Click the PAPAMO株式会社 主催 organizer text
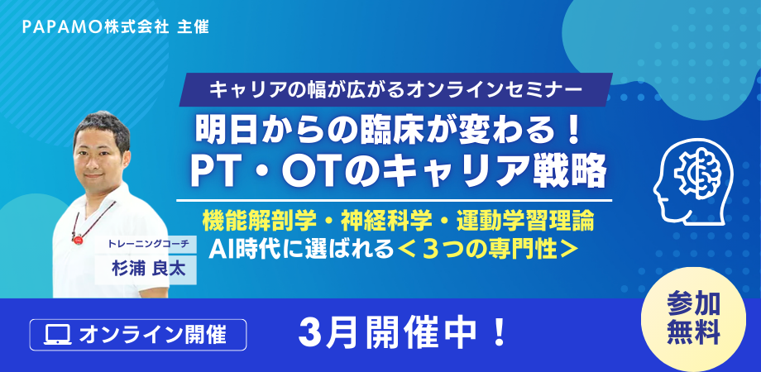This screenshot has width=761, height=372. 116,27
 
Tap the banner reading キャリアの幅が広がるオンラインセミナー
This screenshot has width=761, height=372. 395,90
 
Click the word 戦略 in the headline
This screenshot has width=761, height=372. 572,172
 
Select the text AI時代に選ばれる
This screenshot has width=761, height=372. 299,249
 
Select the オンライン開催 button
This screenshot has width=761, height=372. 138,335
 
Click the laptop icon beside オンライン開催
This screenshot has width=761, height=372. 58,335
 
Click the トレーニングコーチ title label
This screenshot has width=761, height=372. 146,245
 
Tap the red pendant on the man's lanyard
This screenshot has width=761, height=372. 77,237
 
